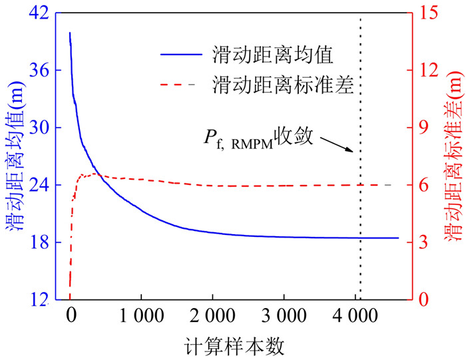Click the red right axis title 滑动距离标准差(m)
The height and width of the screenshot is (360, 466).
[455, 156]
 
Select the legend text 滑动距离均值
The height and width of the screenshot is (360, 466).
[268, 52]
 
